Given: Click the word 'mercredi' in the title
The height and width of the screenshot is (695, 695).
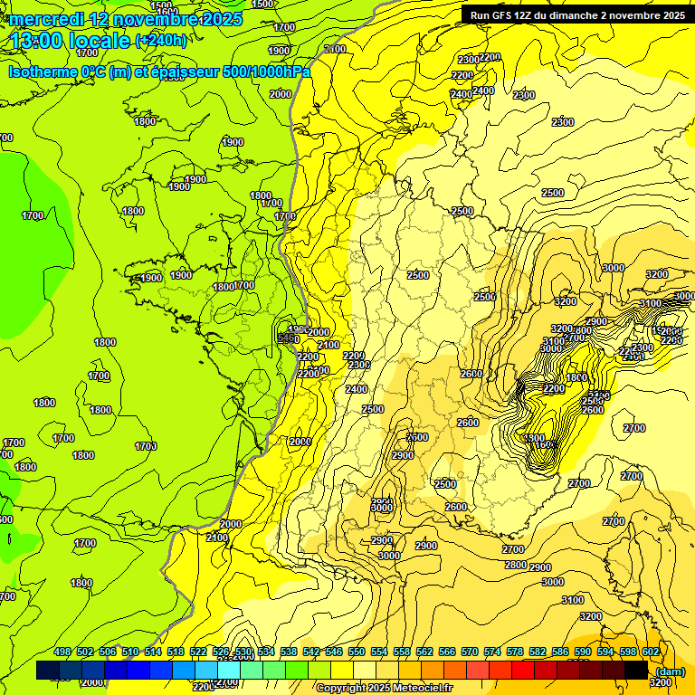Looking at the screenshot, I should coord(45,19).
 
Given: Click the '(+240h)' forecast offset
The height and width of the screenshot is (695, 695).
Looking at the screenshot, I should coord(162,41).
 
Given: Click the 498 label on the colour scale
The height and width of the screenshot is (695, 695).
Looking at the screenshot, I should coord(62,652).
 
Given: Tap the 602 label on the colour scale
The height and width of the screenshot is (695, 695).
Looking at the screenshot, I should coord(651,652).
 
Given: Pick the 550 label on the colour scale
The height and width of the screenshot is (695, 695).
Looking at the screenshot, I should coord(357,652).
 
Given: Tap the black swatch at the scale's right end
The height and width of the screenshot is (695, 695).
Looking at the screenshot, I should coord(635,670).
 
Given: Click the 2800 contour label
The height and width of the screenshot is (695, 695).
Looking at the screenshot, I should coord(516,565).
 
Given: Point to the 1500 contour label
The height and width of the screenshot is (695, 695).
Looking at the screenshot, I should coord(161,5).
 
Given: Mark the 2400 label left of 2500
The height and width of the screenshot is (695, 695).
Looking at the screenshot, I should coord(357,389).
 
